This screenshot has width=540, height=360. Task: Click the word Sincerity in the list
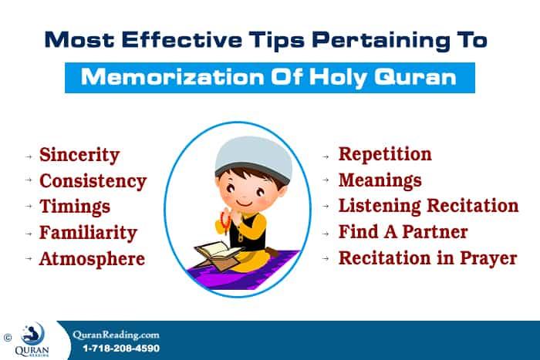[79, 154]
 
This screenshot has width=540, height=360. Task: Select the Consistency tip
[93, 181]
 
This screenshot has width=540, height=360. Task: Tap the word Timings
[74, 207]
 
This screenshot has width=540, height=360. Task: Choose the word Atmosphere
[92, 258]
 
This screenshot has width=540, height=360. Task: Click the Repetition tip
[385, 154]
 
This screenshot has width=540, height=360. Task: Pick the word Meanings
[380, 180]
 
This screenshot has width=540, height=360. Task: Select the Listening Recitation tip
[428, 206]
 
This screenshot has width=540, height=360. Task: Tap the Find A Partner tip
[403, 231]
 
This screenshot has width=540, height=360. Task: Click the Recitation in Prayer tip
[427, 257]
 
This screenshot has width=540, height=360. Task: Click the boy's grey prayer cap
[241, 153]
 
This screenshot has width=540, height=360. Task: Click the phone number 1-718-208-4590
[121, 348]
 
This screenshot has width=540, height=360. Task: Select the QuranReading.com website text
[116, 335]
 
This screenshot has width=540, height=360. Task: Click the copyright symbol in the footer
[8, 337]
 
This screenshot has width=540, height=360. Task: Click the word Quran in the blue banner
[421, 78]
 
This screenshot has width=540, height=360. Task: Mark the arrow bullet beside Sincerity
[29, 156]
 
